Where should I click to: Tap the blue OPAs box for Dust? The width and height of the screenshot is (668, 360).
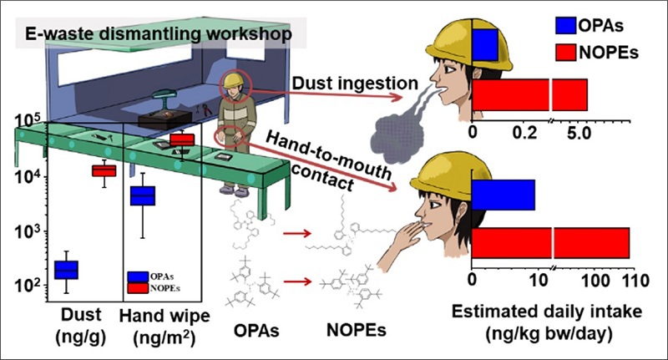[66, 269]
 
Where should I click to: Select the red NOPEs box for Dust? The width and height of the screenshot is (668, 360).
[104, 170]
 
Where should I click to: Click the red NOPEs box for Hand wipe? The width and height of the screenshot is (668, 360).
[181, 139]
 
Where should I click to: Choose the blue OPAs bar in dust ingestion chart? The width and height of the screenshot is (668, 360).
[486, 45]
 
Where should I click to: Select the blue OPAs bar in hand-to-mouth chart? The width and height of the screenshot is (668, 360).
[504, 195]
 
